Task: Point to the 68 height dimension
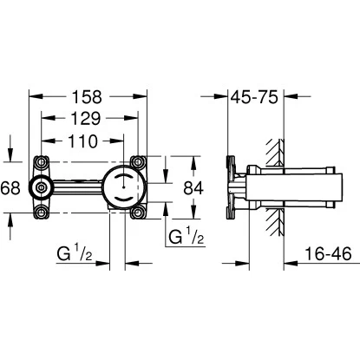pyautogui.click(x=10, y=187)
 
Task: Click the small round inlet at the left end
pyautogui.click(x=39, y=187)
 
